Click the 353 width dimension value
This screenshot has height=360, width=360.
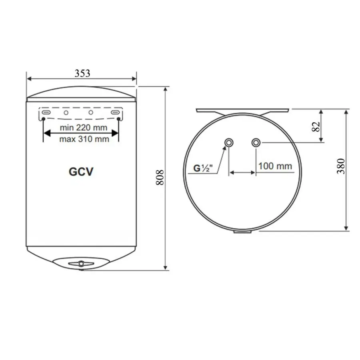82,73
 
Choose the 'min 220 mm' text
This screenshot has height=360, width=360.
83,128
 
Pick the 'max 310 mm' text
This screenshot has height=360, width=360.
84,139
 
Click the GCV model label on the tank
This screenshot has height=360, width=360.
81,172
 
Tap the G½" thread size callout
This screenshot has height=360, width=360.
204,168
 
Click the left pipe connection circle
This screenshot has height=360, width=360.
229,142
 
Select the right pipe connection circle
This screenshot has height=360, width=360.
256,142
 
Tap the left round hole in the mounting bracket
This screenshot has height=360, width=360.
66,113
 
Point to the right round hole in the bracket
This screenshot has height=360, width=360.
91,113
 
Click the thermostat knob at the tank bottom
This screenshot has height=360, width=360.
82,264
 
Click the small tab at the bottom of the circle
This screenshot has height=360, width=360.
242,232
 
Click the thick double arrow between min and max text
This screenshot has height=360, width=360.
81,134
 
